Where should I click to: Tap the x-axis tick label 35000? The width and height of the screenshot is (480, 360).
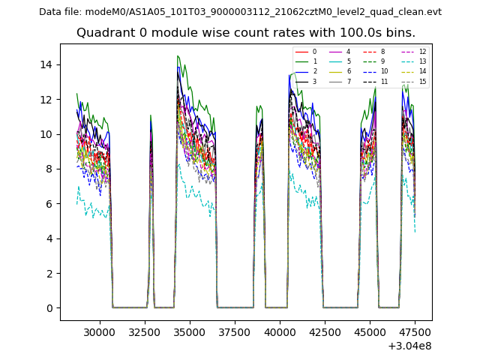click(190, 331)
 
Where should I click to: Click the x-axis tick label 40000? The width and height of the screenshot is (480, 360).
click(280, 331)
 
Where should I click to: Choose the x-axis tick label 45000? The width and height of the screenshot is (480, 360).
click(371, 331)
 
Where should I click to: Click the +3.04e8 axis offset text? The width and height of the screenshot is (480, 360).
click(409, 346)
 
